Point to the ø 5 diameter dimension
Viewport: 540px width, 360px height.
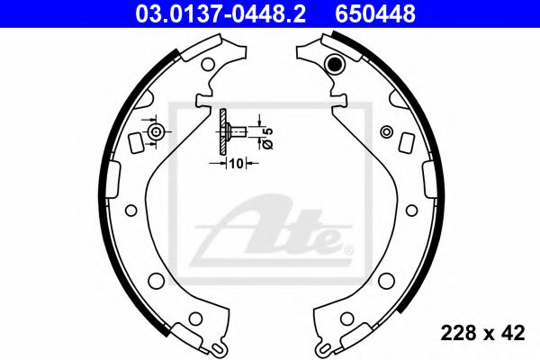click(x=265, y=136)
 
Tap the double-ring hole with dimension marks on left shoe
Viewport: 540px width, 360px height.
click(x=157, y=132)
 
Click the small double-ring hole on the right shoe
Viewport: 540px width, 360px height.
click(x=386, y=131)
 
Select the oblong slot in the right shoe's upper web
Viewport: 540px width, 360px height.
click(x=406, y=141)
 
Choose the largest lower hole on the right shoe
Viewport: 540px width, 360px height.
click(x=386, y=279)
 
